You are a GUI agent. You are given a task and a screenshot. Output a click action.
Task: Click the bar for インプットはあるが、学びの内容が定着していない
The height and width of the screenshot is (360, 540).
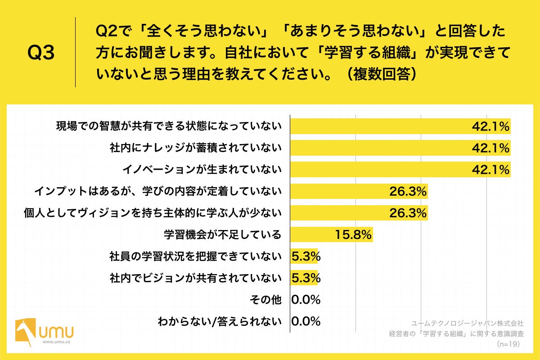click(x=342, y=191)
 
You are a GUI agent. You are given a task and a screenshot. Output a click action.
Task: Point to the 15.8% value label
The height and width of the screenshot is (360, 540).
click(x=353, y=234)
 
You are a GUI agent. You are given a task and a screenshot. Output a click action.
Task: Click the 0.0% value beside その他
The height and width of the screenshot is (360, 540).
click(x=306, y=300)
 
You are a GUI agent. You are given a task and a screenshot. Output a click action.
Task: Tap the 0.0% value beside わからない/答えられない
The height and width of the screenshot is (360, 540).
click(x=306, y=321)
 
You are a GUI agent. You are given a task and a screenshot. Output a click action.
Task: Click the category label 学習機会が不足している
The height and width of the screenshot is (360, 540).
click(x=222, y=234)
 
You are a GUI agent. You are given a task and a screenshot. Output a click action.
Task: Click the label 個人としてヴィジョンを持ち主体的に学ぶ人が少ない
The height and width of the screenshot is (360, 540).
click(x=153, y=213)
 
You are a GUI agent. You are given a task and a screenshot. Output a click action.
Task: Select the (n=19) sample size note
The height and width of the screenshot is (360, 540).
click(x=508, y=344)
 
